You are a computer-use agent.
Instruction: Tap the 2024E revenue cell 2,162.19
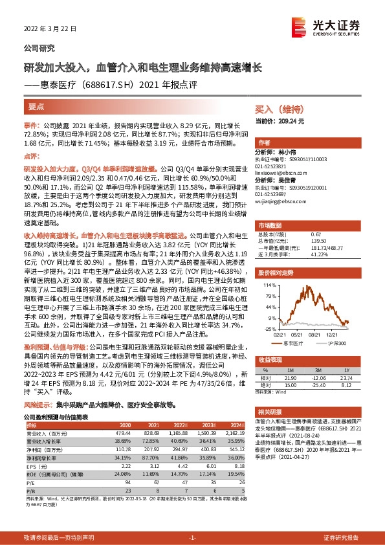point(230,432)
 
